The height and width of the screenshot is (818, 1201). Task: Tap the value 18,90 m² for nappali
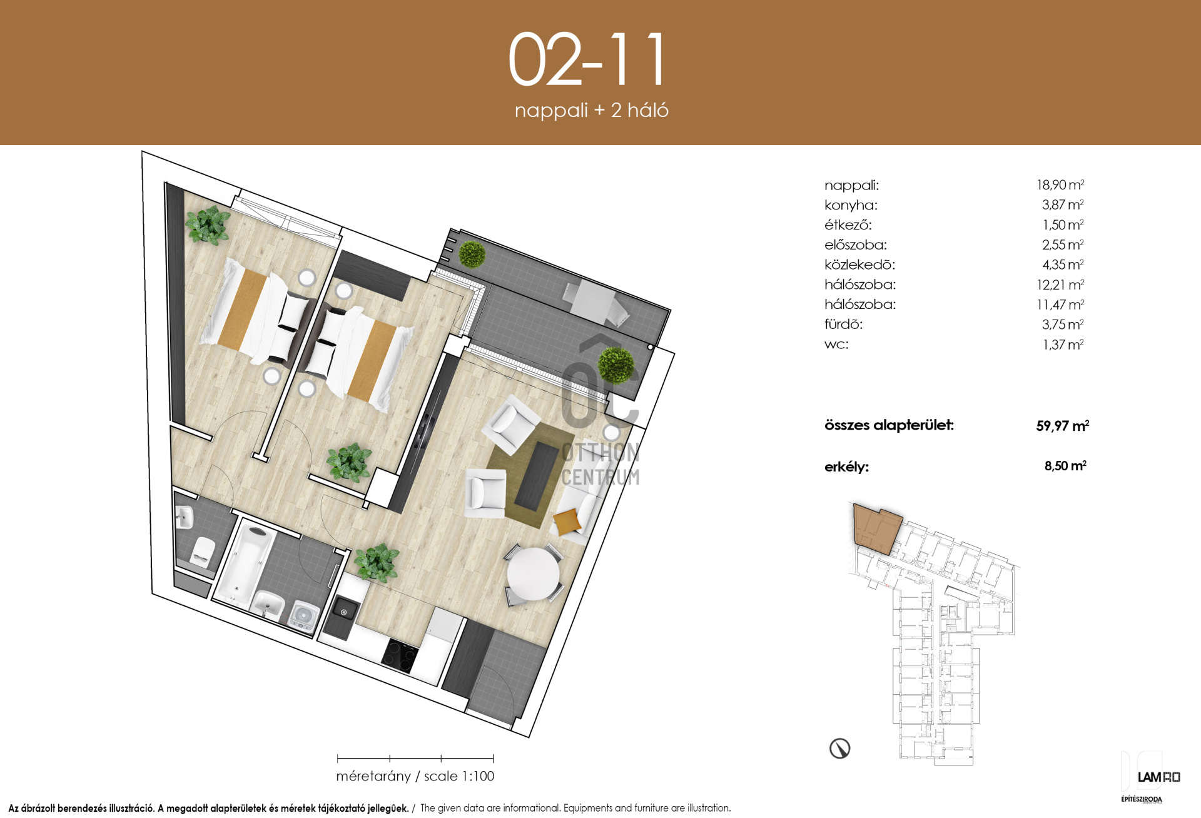click(1060, 184)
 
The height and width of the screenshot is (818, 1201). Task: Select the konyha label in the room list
click(851, 205)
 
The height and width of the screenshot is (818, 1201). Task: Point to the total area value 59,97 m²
click(1063, 426)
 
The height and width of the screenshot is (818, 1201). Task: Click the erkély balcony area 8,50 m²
click(1065, 466)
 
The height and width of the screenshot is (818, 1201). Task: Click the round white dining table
click(533, 574)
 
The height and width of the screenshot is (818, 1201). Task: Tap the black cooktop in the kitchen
click(400, 655)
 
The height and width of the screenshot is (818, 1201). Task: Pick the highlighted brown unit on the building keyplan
click(877, 529)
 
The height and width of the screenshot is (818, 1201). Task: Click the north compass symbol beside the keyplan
click(839, 748)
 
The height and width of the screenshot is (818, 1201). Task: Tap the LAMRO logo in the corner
click(1158, 777)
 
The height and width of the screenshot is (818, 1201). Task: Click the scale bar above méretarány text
click(415, 759)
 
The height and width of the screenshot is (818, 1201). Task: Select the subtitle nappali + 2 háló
click(591, 110)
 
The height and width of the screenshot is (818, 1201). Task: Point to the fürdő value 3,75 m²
click(1063, 325)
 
